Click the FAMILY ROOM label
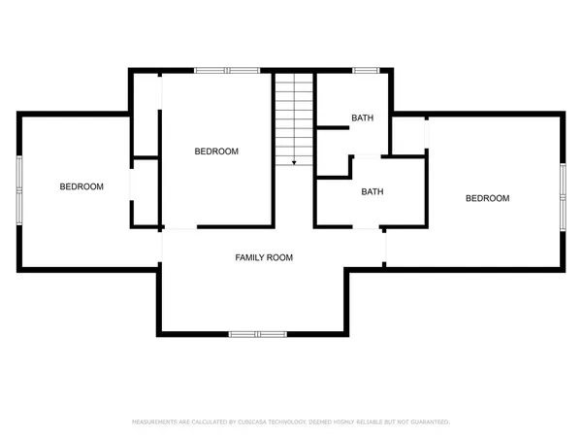point(264,257)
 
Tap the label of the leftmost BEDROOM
point(81,186)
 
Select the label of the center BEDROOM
point(216,151)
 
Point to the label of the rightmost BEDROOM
point(487,198)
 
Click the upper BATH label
point(362,118)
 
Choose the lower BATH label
point(372,191)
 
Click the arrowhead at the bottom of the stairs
point(294,162)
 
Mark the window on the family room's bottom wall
point(257,334)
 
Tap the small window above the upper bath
point(366,70)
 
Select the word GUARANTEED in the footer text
point(428,422)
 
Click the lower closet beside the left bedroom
point(146,191)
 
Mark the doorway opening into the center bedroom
point(179,227)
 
